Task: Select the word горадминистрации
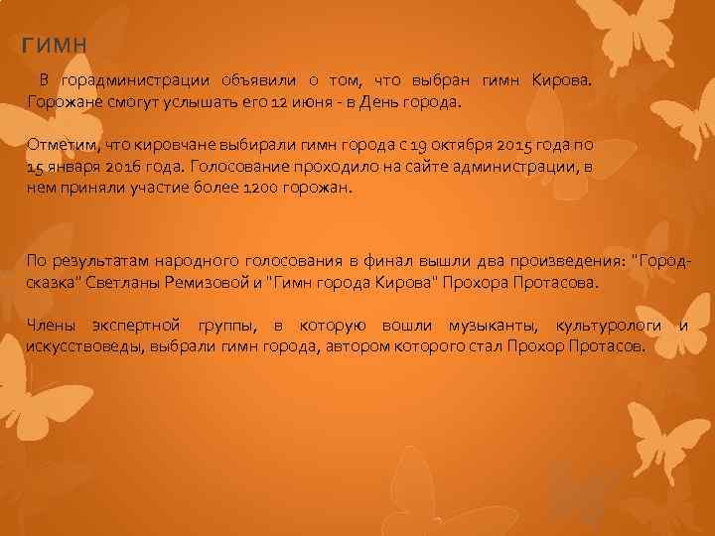click(134, 79)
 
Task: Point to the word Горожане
click(63, 101)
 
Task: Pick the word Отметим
click(61, 146)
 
